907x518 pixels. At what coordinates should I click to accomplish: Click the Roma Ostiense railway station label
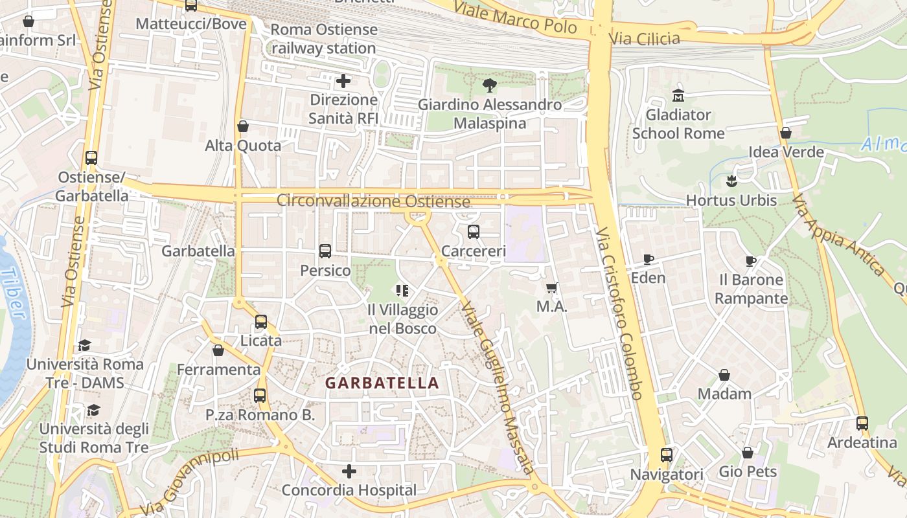point(323,39)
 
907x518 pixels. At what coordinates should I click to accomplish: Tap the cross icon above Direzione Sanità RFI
point(343,81)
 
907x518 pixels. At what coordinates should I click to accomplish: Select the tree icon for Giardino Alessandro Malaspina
point(490,85)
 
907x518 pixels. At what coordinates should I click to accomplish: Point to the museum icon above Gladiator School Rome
point(678,95)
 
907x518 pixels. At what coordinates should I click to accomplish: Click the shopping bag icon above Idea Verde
point(786,133)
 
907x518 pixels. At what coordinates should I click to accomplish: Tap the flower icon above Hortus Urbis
point(731,181)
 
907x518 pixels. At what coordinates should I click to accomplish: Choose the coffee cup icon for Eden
point(648,260)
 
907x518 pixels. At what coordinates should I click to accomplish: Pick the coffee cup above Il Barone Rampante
point(751,261)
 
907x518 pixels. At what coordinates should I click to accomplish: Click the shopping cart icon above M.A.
point(552,288)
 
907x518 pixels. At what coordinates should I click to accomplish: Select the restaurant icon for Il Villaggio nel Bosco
point(402,291)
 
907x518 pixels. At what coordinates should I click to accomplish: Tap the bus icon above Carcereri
point(474,231)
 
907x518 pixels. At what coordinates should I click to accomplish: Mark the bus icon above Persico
point(325,251)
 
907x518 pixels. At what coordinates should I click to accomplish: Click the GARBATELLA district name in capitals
point(382,383)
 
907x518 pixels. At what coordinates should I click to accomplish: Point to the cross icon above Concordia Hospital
point(349,471)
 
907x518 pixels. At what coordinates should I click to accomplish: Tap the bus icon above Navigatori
point(667,455)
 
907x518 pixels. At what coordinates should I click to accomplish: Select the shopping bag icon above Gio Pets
point(748,453)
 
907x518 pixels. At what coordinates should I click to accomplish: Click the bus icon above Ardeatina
point(862,423)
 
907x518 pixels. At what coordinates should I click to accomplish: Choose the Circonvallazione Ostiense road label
point(373,201)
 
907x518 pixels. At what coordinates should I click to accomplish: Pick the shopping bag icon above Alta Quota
point(243,126)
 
